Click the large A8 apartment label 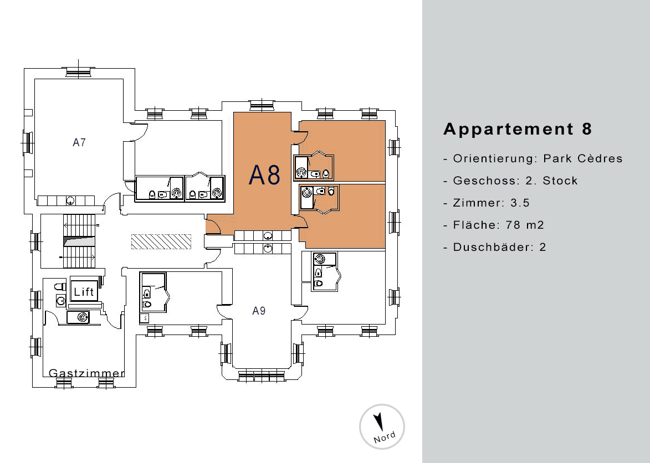(264, 175)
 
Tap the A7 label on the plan (79, 142)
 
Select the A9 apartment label (259, 311)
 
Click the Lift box (84, 291)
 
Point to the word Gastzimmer (86, 373)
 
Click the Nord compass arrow (378, 421)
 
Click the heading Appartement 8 (518, 129)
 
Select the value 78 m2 (525, 225)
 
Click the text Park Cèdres (583, 158)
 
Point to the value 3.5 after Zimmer (520, 203)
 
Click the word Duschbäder (493, 247)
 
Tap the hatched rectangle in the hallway (161, 241)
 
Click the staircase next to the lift (79, 242)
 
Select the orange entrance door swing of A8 (214, 227)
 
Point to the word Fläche (474, 225)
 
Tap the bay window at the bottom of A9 (262, 375)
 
